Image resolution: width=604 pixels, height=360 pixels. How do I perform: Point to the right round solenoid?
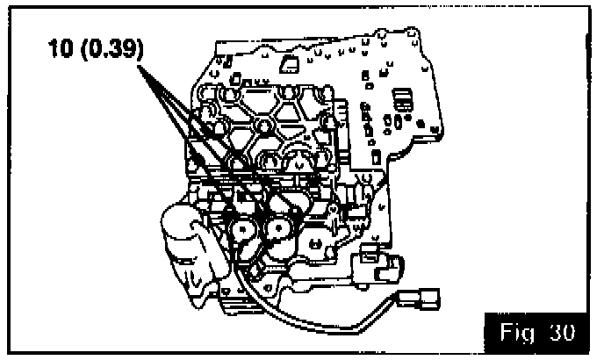279,230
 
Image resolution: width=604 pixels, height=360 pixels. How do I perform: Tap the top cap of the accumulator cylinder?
180,214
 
